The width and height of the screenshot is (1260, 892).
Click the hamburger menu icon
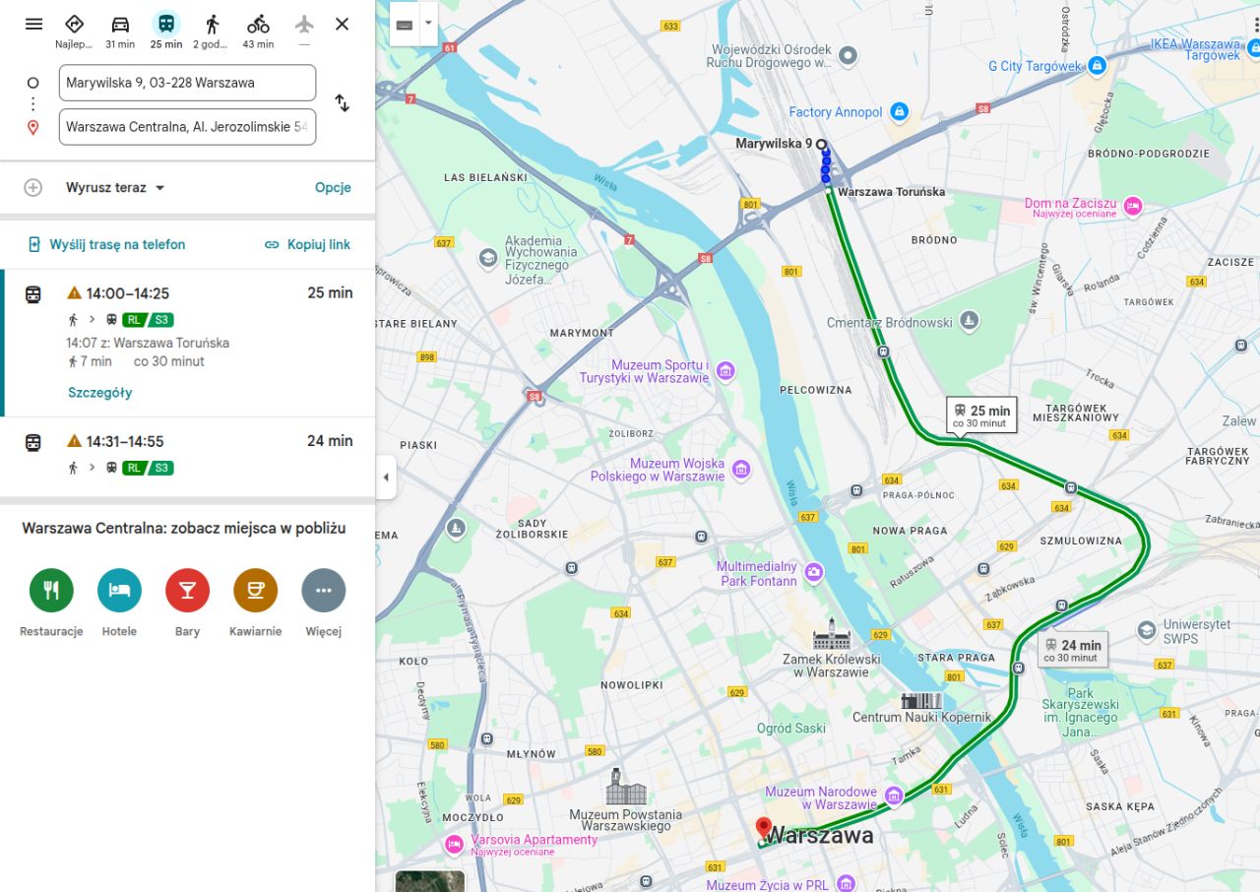33,24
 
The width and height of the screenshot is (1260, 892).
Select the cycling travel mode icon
258,24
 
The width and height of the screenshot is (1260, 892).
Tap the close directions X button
342,24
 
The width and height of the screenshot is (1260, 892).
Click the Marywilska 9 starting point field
187,83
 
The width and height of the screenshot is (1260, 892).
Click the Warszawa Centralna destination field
187,127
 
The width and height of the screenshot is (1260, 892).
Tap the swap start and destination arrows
342,103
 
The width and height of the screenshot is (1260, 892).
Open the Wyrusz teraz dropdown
115,188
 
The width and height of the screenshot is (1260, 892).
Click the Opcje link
333,188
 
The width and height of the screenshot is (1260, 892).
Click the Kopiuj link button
307,244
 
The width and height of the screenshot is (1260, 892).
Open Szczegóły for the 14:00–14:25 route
99,393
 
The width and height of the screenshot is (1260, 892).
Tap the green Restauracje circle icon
51,591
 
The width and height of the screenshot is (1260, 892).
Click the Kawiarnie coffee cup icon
255,591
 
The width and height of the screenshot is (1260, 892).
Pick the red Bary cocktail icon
187,591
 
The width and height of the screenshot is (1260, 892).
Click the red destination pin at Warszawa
763,828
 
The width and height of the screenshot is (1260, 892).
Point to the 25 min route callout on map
980,415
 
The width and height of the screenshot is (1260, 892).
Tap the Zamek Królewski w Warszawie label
831,666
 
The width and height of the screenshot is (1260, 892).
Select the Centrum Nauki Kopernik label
922,717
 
